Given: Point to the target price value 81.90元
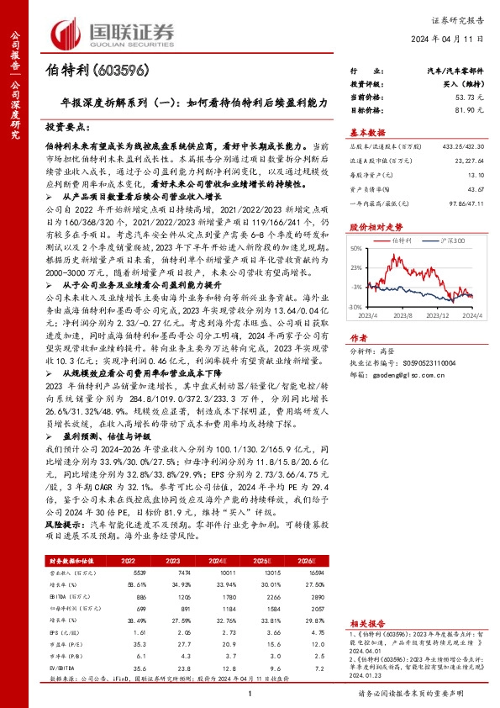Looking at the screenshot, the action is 466,110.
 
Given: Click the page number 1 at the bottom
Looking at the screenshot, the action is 250,694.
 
